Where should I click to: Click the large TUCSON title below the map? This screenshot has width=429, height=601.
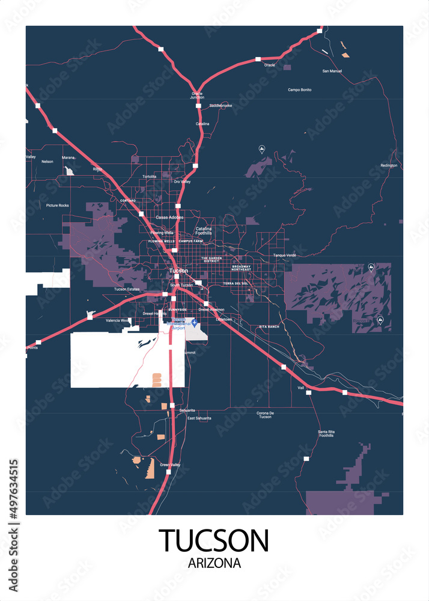click(214, 541)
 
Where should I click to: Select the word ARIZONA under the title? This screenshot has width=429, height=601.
click(214, 564)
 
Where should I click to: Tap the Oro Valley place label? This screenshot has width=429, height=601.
click(181, 182)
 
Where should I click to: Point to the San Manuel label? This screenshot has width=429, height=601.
click(332, 71)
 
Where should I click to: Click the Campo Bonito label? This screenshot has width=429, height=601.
click(299, 90)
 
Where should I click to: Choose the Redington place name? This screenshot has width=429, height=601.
click(389, 165)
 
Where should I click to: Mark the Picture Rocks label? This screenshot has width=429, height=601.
click(58, 206)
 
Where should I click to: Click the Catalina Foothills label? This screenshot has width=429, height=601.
click(204, 231)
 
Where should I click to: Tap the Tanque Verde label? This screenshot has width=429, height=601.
click(285, 255)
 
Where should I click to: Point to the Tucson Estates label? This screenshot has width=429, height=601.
click(127, 289)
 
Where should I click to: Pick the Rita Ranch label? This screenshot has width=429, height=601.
click(269, 326)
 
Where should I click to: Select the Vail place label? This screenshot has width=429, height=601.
click(301, 388)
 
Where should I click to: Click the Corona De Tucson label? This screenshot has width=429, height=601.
click(265, 415)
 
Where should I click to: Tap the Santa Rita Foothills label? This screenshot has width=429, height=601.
click(326, 433)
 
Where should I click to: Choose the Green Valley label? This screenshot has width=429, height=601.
click(170, 465)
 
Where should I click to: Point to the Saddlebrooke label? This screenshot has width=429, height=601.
click(221, 106)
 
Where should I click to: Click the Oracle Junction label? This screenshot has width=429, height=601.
click(197, 95)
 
